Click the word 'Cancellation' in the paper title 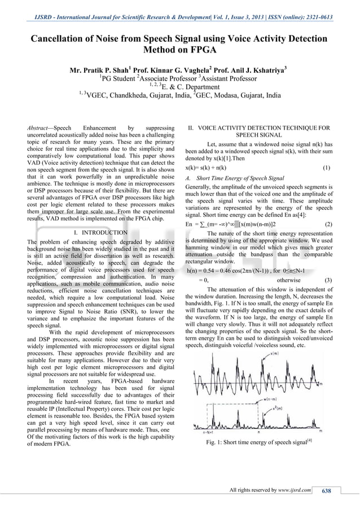click(64, 39)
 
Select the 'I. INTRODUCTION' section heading click(100, 232)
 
